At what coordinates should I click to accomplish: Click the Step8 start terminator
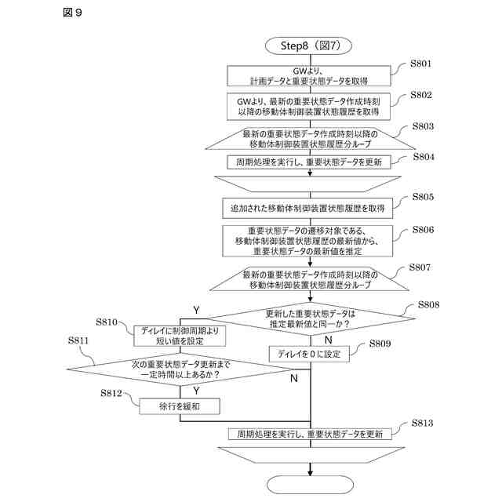[x=308, y=45]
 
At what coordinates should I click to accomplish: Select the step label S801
[x=420, y=64]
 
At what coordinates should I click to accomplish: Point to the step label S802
[x=421, y=95]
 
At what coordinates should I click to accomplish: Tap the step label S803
[x=423, y=126]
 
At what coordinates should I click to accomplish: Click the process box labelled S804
[x=309, y=162]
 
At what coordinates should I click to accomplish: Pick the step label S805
[x=423, y=197]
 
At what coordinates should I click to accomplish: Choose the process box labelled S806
[x=307, y=241]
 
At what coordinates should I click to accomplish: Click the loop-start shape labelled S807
[x=309, y=279]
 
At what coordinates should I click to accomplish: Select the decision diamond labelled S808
[x=311, y=318]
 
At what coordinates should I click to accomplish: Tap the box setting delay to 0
[x=309, y=354]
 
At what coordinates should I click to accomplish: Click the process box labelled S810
[x=180, y=336]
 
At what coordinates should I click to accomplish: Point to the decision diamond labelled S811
[x=180, y=369]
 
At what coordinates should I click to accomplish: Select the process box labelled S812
[x=180, y=406]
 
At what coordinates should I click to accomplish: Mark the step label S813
[x=422, y=423]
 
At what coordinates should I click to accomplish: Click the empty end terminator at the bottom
[x=310, y=485]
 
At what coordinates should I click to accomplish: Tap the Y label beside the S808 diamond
[x=196, y=310]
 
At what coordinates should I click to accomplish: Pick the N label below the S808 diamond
[x=328, y=340]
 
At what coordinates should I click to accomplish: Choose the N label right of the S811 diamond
[x=294, y=378]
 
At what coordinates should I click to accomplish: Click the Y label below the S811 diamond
[x=196, y=391]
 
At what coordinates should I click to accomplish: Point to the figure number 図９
[x=73, y=13]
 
